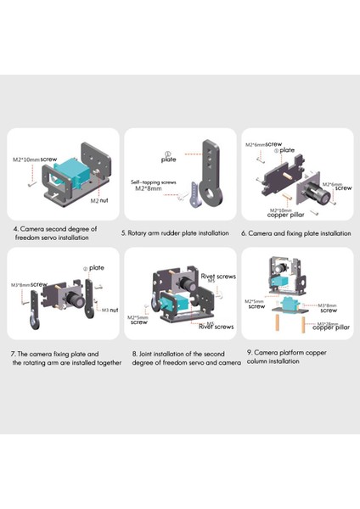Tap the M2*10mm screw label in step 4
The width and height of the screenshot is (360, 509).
click(35, 159)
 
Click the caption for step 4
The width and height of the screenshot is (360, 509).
click(55, 233)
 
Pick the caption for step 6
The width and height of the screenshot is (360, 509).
click(295, 232)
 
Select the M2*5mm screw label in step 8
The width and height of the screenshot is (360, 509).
click(141, 321)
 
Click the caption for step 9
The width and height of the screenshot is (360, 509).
click(294, 356)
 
